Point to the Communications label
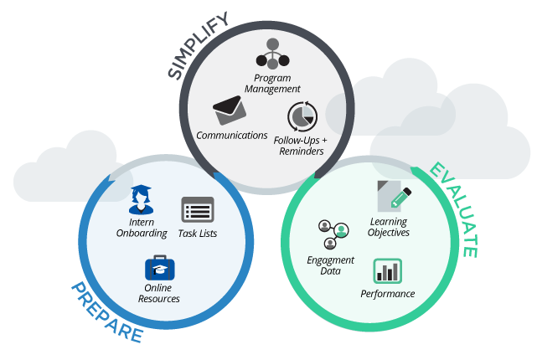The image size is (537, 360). (231, 135)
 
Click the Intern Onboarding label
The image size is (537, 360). (142, 228)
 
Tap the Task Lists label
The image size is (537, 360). (199, 233)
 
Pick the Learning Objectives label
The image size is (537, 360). (389, 227)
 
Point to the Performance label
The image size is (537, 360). (387, 293)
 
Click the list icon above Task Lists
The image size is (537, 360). (198, 209)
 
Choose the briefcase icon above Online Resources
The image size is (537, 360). (159, 268)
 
